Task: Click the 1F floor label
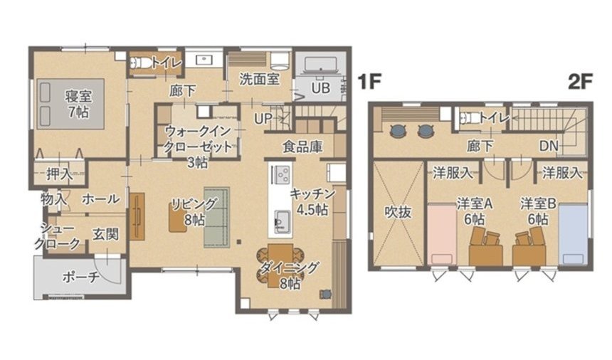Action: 369,82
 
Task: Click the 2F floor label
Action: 581,82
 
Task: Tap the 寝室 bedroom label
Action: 78,96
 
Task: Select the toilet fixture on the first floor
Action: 137,63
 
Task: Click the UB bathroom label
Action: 321,88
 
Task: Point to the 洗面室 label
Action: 259,79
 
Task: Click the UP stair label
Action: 263,119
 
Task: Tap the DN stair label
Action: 549,146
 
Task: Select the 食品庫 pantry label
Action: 302,147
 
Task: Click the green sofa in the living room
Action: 216,217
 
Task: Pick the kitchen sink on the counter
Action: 282,221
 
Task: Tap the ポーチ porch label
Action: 80,277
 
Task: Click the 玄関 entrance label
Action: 105,234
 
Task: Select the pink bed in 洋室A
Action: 442,234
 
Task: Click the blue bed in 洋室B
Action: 573,234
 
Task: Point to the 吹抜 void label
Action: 398,212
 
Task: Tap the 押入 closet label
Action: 60,174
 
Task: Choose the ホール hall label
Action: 101,199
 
